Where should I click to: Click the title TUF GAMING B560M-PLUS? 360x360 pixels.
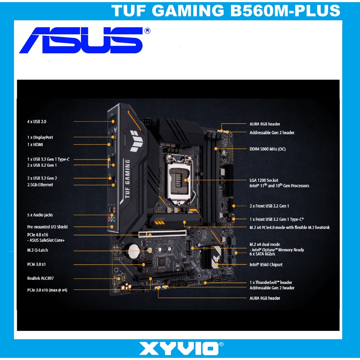(226, 11)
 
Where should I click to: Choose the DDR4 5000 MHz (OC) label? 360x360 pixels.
(268, 149)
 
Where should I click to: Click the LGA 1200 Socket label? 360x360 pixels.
(264, 180)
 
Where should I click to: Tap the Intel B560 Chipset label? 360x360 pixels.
(266, 265)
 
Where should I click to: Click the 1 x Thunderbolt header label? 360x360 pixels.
(271, 282)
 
